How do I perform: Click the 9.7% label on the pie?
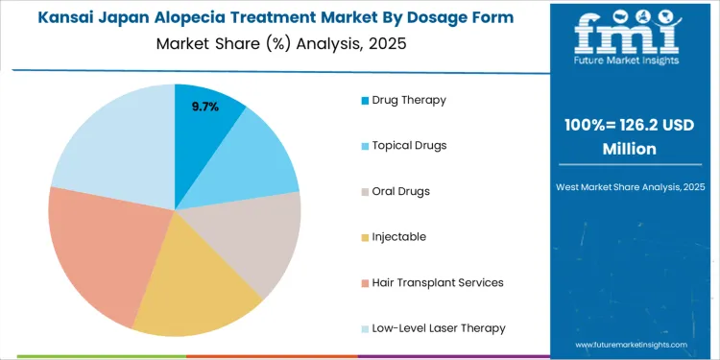204,107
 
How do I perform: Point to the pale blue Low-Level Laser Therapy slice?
110,144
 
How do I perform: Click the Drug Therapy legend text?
409,100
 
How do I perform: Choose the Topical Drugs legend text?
409,145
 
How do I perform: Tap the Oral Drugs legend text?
400,191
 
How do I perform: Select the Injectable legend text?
398,236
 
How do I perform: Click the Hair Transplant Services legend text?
437,282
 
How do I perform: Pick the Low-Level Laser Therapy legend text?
439,328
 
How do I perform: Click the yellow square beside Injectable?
364,237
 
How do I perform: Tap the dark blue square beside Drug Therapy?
364,101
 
